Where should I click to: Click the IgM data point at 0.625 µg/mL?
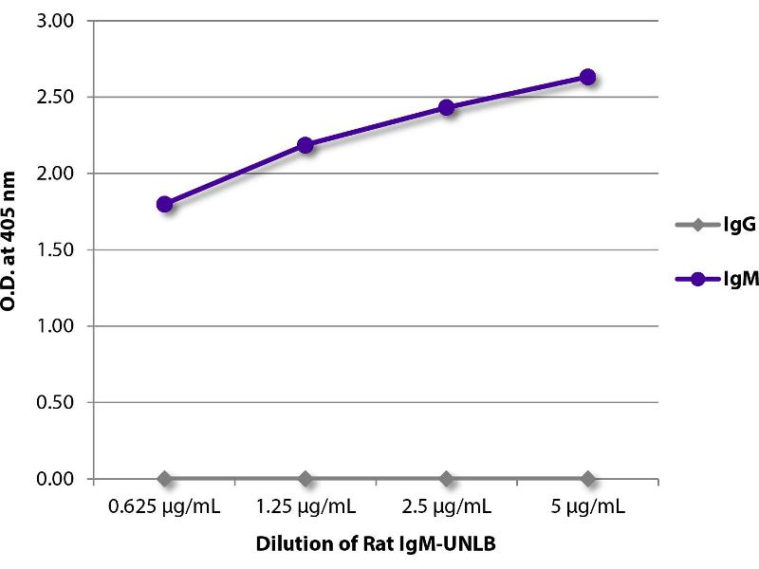pyautogui.click(x=165, y=204)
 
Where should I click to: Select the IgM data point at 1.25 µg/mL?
pyautogui.click(x=305, y=145)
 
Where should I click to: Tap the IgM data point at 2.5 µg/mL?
pyautogui.click(x=446, y=107)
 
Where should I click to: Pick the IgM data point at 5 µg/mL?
pyautogui.click(x=587, y=77)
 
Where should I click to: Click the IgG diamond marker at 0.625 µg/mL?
pyautogui.click(x=165, y=478)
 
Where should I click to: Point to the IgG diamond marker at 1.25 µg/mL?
pyautogui.click(x=305, y=478)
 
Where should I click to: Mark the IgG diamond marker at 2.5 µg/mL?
pyautogui.click(x=446, y=478)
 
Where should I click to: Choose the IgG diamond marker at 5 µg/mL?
pyautogui.click(x=587, y=478)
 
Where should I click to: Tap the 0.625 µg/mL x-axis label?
pyautogui.click(x=165, y=507)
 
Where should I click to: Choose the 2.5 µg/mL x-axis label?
pyautogui.click(x=446, y=507)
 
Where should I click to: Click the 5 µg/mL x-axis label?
pyautogui.click(x=587, y=507)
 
